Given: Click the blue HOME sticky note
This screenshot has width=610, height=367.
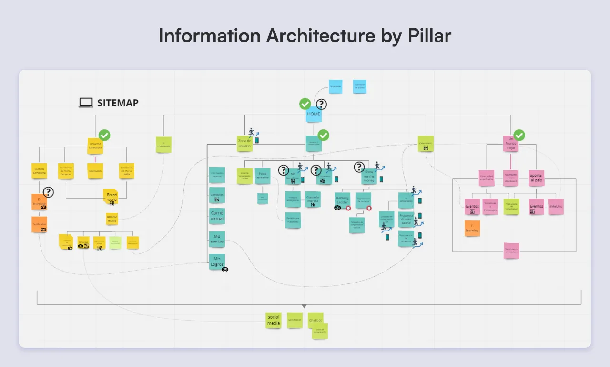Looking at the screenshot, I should pyautogui.click(x=314, y=115).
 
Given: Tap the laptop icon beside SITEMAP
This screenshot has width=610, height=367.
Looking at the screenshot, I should pyautogui.click(x=86, y=102).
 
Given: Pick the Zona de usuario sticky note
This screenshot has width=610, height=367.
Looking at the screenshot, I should pyautogui.click(x=244, y=143).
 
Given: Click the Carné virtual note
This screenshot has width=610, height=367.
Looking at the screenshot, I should pyautogui.click(x=217, y=216).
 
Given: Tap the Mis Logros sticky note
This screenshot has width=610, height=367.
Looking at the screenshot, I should pyautogui.click(x=217, y=261).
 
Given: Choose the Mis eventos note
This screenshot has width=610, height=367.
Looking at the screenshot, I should pyautogui.click(x=217, y=239).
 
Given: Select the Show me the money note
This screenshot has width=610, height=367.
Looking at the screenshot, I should pyautogui.click(x=369, y=176).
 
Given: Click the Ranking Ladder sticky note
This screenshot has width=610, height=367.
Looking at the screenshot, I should pyautogui.click(x=343, y=200).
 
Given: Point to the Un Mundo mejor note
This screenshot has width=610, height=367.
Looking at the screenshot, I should pyautogui.click(x=511, y=144).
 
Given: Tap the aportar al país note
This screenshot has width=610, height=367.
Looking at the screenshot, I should pyautogui.click(x=536, y=178).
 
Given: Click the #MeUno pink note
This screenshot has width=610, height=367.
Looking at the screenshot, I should pyautogui.click(x=556, y=206).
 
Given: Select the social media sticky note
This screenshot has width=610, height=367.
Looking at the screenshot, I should pyautogui.click(x=274, y=320).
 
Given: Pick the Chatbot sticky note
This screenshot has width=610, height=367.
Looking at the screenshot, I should pyautogui.click(x=315, y=320).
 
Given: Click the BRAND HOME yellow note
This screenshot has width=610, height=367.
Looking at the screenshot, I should pyautogui.click(x=112, y=219).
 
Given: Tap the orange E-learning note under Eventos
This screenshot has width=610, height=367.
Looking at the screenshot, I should pyautogui.click(x=472, y=228).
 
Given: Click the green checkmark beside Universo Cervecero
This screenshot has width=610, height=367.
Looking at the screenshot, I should pyautogui.click(x=104, y=135).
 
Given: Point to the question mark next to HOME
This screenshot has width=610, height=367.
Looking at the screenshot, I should pyautogui.click(x=322, y=104).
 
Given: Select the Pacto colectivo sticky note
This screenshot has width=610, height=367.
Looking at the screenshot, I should pyautogui.click(x=263, y=176).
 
